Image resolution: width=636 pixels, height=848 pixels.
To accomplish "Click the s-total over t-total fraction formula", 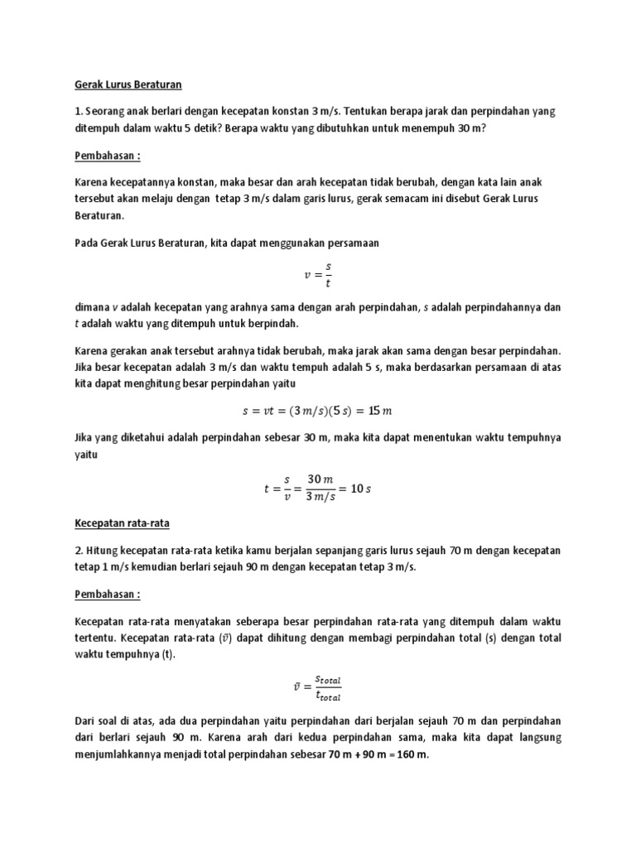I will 317,687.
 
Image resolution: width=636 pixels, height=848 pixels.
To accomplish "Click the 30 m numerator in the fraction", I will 320,479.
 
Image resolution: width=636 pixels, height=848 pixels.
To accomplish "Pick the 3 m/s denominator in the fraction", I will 320,497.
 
